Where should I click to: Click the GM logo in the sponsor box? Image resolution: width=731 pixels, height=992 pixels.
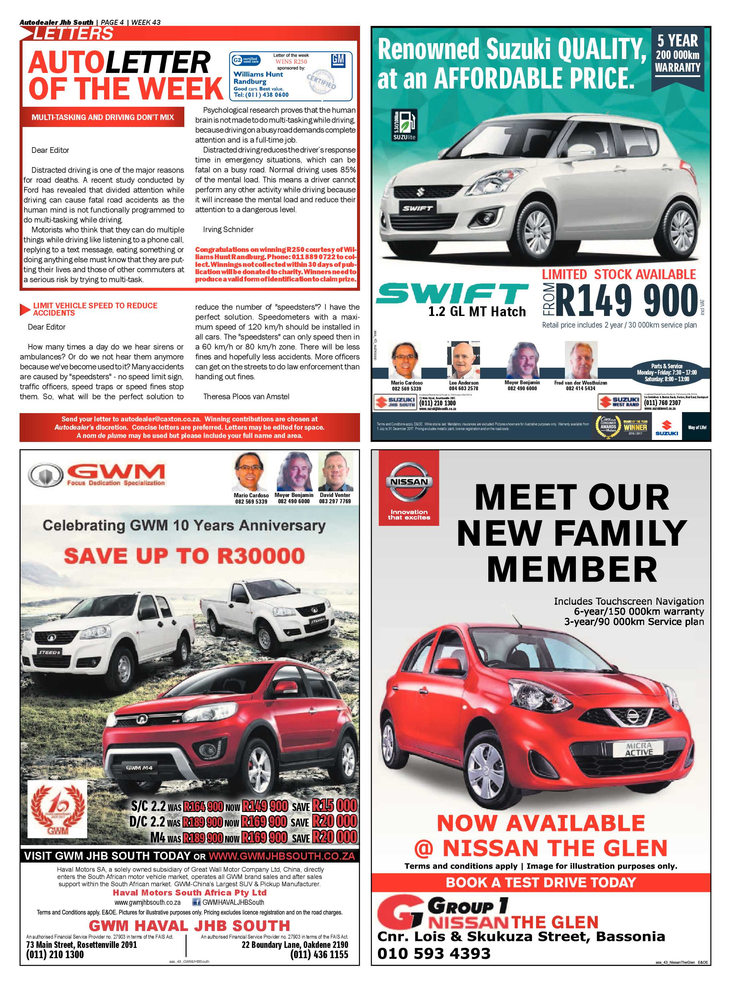click(x=338, y=61)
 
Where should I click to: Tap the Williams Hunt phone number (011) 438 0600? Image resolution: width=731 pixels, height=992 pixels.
click(x=261, y=95)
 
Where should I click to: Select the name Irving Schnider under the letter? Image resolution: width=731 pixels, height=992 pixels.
click(x=228, y=229)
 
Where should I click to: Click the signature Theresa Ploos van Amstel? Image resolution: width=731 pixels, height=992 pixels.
click(x=246, y=397)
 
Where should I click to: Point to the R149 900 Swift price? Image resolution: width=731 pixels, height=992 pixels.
click(x=626, y=300)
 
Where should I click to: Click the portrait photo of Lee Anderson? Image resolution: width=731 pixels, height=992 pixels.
click(x=463, y=360)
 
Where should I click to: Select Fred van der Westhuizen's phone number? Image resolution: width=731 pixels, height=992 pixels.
click(x=580, y=389)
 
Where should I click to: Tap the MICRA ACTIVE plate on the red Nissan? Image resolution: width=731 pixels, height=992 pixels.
click(x=639, y=749)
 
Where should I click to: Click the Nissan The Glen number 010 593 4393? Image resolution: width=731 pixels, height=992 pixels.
click(x=434, y=953)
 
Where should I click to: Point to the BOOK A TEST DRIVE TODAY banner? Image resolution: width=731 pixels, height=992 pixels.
click(x=541, y=882)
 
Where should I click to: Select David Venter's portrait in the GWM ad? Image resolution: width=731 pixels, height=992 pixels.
click(x=335, y=472)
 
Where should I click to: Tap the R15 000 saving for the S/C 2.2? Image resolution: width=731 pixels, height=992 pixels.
click(x=335, y=806)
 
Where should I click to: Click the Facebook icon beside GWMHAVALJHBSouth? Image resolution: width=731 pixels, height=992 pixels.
click(x=197, y=902)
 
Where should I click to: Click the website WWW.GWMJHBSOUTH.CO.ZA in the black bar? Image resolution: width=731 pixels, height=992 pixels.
click(x=281, y=856)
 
